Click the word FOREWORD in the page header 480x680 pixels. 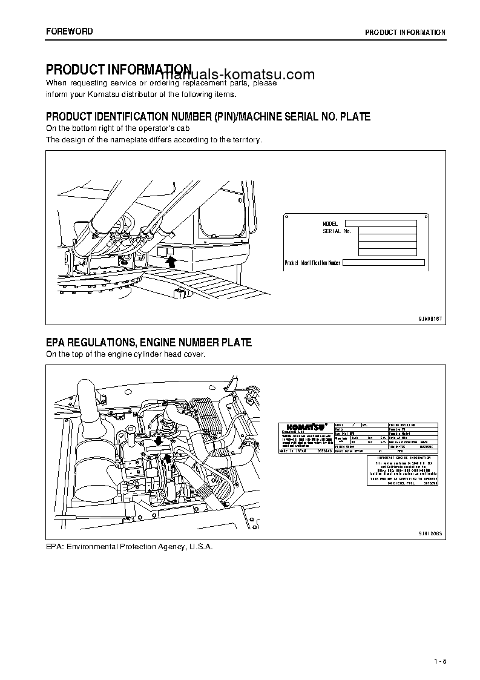[x=69, y=31]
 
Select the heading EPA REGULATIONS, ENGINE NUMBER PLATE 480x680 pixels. [x=149, y=343]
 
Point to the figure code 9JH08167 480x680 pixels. [x=430, y=318]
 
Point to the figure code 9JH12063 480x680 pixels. [x=430, y=533]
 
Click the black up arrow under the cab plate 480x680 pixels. [x=171, y=261]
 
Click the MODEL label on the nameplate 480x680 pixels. [x=330, y=224]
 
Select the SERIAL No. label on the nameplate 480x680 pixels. [x=337, y=231]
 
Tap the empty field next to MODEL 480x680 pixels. [x=387, y=223]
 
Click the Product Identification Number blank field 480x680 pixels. [x=384, y=263]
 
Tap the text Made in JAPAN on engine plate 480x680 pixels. [x=293, y=451]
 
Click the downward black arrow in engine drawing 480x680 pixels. [x=158, y=441]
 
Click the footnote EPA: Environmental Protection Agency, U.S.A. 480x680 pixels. [x=130, y=546]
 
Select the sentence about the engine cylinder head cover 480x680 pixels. [x=126, y=354]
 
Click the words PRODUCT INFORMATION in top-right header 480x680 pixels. [x=405, y=33]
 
